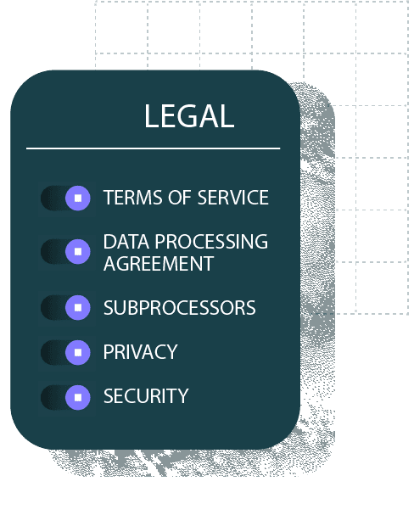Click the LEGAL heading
click(189, 115)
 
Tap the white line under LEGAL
click(153, 148)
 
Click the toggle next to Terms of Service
click(65, 198)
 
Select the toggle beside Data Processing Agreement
click(65, 252)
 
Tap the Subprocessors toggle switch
click(65, 307)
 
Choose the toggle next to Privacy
click(65, 352)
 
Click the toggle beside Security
click(65, 397)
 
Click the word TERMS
click(133, 198)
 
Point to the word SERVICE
click(233, 198)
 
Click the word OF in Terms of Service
click(180, 198)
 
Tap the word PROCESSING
click(211, 242)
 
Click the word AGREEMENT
click(159, 263)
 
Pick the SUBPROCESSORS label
click(179, 308)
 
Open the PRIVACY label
click(141, 352)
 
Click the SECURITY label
click(146, 396)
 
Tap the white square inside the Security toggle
click(78, 397)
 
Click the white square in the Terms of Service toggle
click(78, 198)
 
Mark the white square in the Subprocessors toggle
click(78, 307)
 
